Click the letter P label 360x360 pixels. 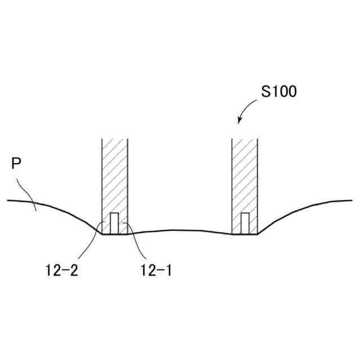16,164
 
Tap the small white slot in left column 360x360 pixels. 114,223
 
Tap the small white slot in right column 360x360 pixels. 245,223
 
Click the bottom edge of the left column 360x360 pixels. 115,234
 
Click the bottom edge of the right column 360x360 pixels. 245,234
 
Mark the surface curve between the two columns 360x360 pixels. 180,230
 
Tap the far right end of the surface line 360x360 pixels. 352,200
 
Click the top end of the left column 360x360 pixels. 115,139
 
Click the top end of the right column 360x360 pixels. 245,139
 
